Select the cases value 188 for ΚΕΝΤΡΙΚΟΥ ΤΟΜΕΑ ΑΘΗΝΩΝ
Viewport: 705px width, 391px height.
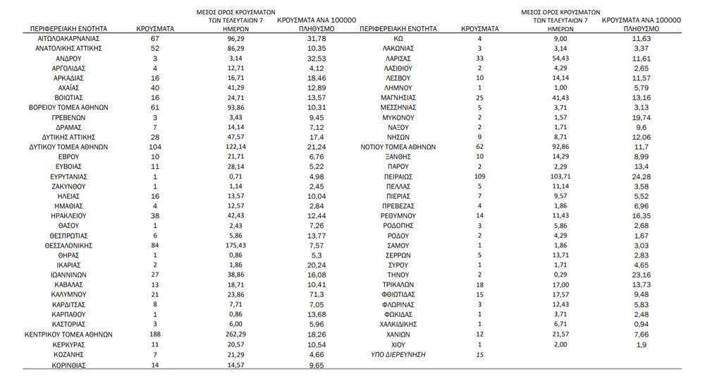pos(155,334)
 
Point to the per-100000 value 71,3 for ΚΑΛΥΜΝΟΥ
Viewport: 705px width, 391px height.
pos(317,294)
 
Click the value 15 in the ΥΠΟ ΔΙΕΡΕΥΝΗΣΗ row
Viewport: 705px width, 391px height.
pos(480,354)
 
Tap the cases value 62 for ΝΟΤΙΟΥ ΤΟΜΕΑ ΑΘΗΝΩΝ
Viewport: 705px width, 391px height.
pos(480,146)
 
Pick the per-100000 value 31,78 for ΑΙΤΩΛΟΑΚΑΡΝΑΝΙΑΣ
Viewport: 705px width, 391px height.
pos(317,37)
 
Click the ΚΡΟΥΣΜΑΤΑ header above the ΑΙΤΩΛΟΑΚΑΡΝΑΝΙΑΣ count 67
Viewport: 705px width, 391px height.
pos(155,28)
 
